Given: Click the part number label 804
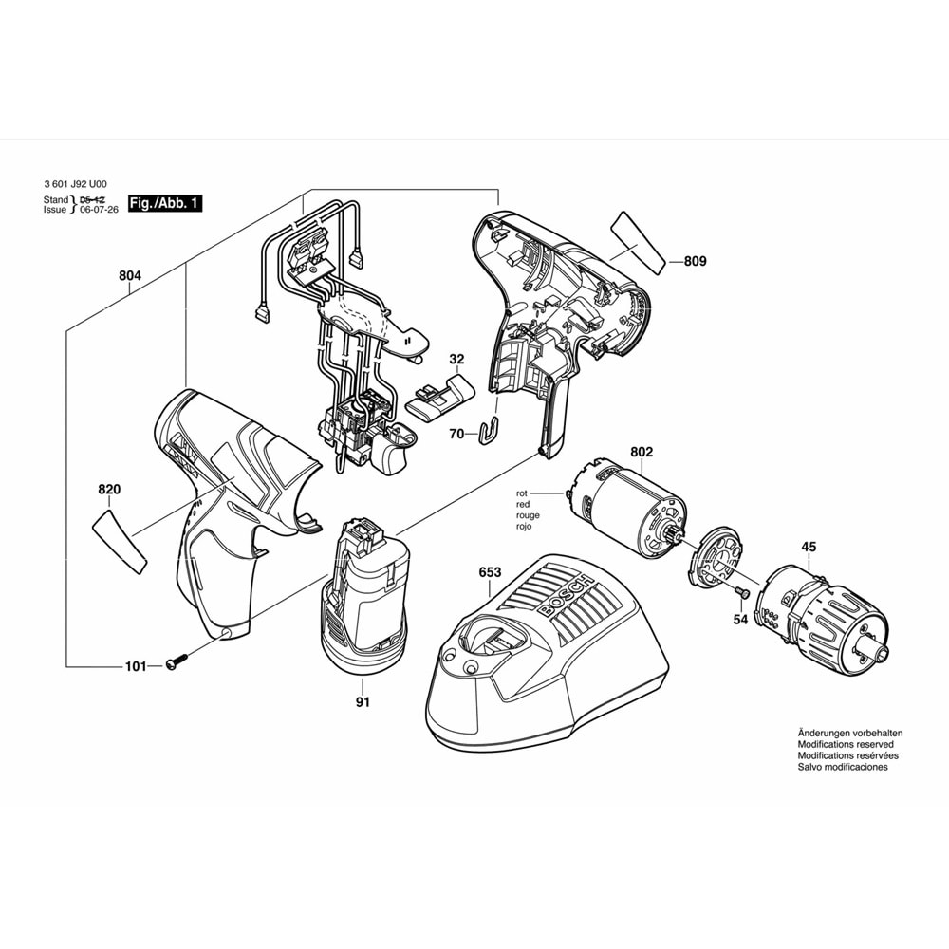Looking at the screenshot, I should click(130, 275).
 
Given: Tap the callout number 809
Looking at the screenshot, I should click(696, 261).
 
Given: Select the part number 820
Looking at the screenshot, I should click(109, 490).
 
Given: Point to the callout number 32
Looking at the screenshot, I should click(456, 359).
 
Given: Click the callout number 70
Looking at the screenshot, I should click(456, 434).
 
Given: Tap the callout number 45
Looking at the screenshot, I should click(808, 546).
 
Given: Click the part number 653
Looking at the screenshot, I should click(490, 572).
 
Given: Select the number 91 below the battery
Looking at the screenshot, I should click(363, 702).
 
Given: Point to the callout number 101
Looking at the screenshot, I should click(137, 666).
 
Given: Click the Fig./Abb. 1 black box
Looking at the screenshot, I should click(165, 203).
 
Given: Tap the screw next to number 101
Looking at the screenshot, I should click(177, 662).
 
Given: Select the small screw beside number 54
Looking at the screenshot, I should click(743, 593).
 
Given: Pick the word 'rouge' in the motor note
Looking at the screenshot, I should click(528, 515).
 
